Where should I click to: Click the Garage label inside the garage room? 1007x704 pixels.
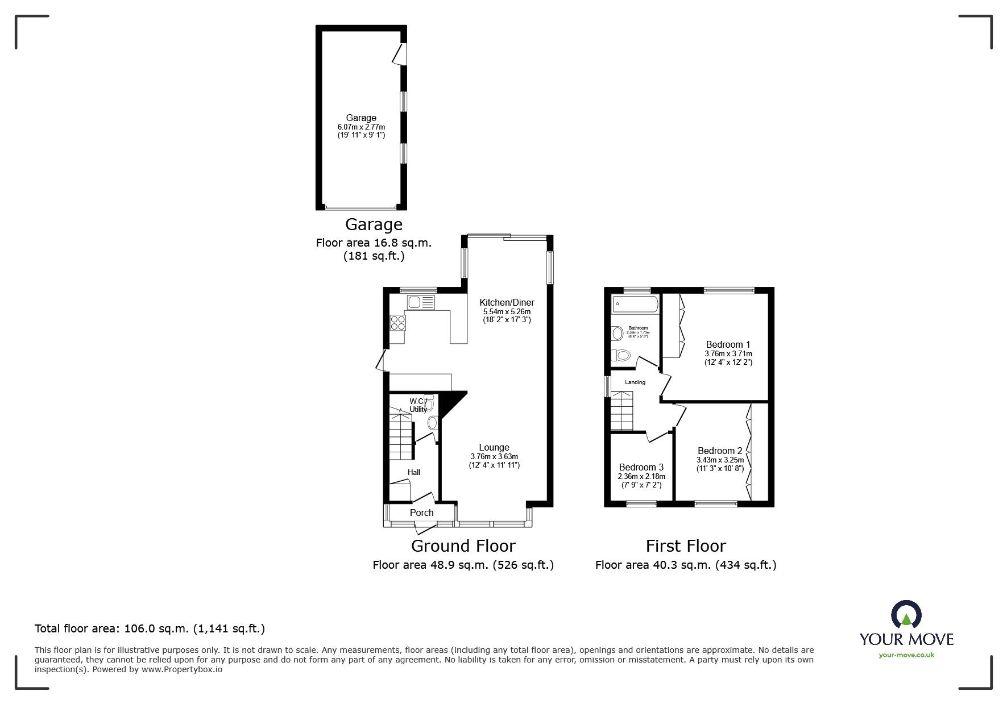(x=361, y=118)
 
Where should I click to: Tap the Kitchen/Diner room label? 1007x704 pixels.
(x=507, y=302)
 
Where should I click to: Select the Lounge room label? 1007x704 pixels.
(x=494, y=447)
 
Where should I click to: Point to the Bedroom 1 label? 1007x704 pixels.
(x=728, y=344)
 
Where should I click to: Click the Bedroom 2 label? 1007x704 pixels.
(x=720, y=451)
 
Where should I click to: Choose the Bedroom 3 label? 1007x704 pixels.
(x=641, y=467)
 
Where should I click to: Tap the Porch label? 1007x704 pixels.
(x=422, y=513)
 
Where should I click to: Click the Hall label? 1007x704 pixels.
(x=413, y=472)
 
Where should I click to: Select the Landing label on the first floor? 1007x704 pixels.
(x=635, y=382)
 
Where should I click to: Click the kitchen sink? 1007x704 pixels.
(x=415, y=303)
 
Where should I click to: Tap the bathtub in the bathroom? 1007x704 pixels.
(x=634, y=305)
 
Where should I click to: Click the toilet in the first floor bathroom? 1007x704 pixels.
(x=621, y=356)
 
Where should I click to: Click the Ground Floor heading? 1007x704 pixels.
(x=463, y=546)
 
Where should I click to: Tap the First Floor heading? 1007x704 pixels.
(x=686, y=546)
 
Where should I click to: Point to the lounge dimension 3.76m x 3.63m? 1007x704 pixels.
(x=494, y=456)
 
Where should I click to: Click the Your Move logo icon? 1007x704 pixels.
(x=906, y=615)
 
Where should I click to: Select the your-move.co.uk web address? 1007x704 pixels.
(x=906, y=655)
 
